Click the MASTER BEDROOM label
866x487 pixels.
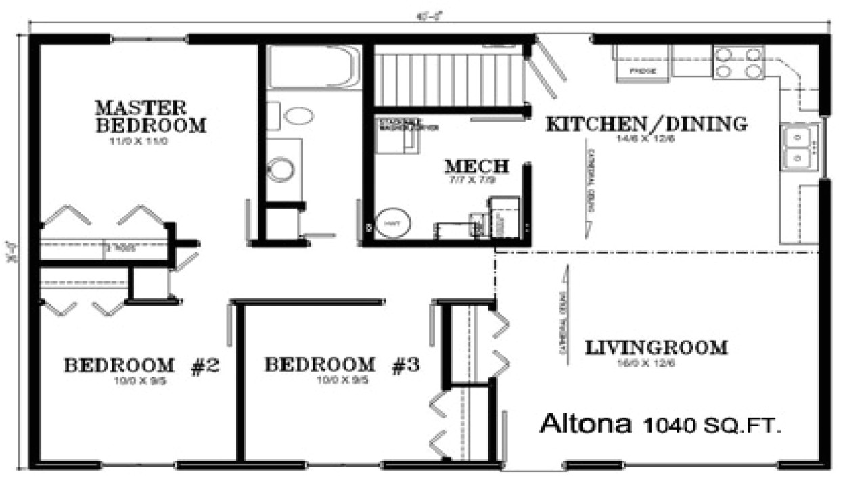click(150, 116)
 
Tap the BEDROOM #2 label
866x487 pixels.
click(141, 366)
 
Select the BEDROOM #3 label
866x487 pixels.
click(342, 366)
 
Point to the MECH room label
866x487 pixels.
click(476, 166)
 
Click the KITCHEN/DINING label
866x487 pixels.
click(646, 124)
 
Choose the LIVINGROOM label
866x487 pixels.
click(655, 348)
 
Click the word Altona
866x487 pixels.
click(586, 425)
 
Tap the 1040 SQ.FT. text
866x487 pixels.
click(713, 425)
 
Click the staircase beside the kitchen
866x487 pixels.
click(450, 78)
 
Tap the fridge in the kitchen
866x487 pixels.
click(640, 62)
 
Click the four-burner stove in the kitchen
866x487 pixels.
click(738, 62)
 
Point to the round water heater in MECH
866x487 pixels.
click(392, 223)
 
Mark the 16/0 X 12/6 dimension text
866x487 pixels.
click(655, 363)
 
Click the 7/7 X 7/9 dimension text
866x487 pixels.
click(476, 180)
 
